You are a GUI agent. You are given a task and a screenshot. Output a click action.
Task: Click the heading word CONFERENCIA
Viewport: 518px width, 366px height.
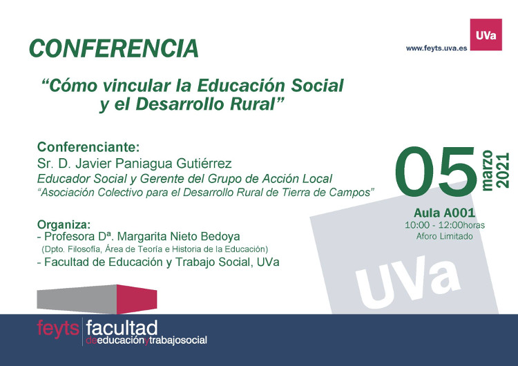pos(114,48)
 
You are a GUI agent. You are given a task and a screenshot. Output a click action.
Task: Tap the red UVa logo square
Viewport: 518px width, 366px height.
pos(486,35)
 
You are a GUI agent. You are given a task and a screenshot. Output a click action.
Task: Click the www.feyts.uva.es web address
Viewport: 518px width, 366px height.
pos(437,48)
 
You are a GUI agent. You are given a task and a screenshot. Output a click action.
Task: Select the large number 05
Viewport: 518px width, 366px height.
pos(436,172)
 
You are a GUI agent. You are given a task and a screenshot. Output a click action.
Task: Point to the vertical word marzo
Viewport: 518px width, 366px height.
pos(488,171)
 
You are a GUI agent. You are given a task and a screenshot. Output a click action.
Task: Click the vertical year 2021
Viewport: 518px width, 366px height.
pos(503,171)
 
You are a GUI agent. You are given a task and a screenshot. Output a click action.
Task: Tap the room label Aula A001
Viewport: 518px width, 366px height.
pos(444,213)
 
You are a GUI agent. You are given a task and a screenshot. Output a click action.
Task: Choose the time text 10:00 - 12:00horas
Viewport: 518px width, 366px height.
pos(445,225)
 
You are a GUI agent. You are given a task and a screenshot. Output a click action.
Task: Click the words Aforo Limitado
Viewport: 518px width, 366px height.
pos(444,236)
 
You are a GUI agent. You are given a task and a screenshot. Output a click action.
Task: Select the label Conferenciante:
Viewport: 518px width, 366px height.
pos(88,147)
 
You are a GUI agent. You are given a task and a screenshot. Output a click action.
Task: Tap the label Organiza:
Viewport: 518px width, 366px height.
pos(64,224)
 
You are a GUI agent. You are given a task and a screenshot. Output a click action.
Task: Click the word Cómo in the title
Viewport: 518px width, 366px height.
pos(73,86)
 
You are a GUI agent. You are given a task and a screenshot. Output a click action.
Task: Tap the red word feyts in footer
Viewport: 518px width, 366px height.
pos(58,329)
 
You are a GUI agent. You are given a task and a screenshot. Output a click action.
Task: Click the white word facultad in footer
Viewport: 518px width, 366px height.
pos(122,328)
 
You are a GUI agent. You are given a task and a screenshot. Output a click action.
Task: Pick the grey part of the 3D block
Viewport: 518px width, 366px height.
pos(77,299)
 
